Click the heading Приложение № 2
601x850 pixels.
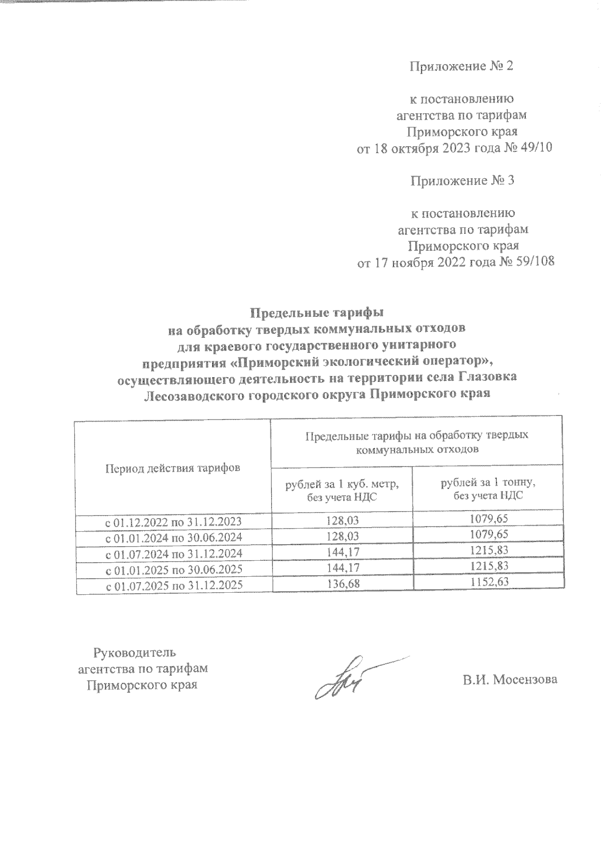(x=461, y=67)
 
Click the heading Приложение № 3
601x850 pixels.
(x=462, y=181)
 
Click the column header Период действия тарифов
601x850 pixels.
(x=173, y=468)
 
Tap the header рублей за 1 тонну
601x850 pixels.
(x=488, y=484)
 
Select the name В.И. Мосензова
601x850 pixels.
(x=509, y=680)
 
